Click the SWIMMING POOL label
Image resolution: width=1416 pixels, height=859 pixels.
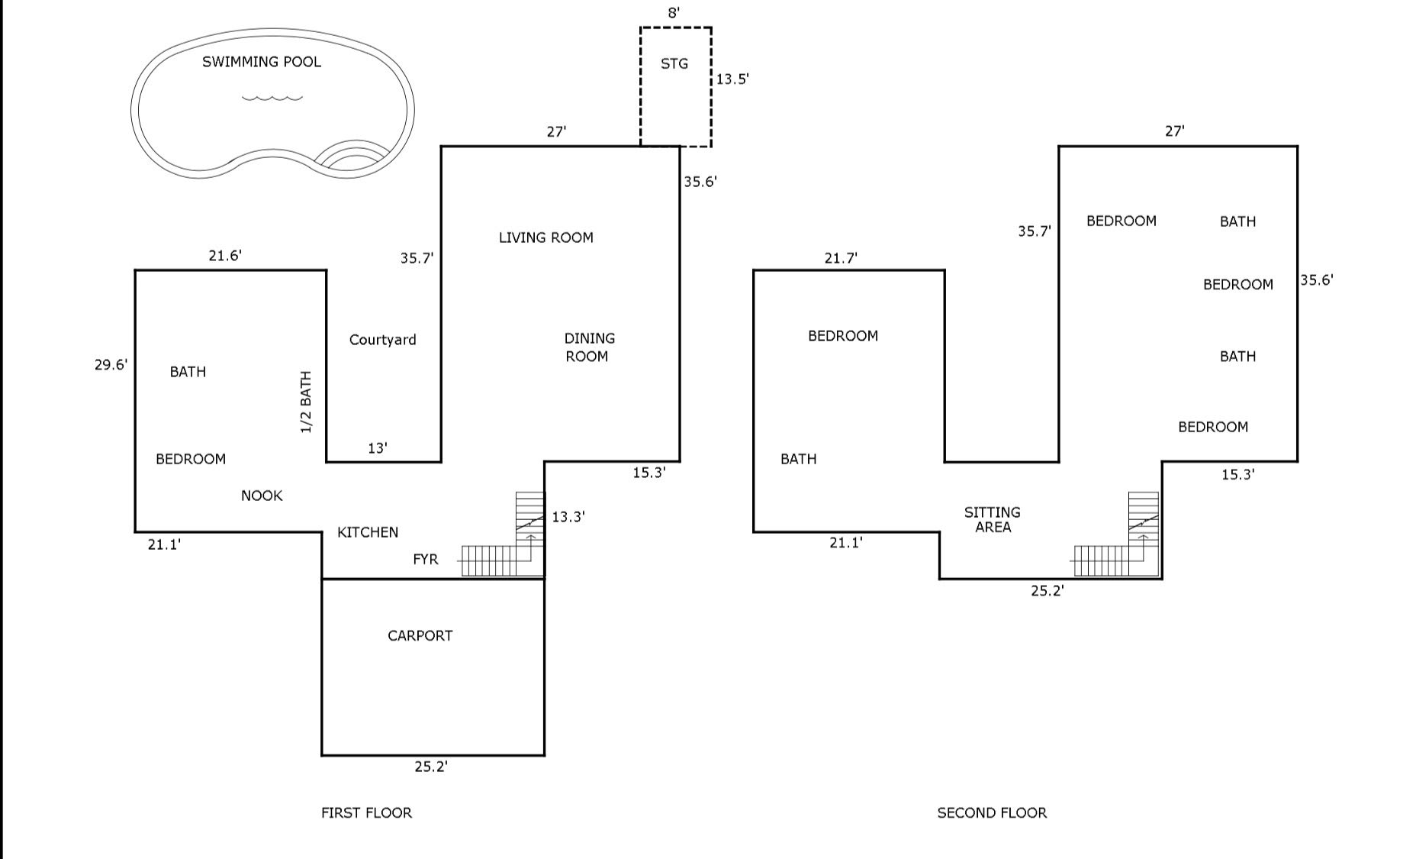tap(262, 62)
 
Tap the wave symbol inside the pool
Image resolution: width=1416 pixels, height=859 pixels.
tap(272, 97)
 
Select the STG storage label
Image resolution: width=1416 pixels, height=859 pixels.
tap(674, 63)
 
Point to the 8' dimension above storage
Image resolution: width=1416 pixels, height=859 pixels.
tap(674, 13)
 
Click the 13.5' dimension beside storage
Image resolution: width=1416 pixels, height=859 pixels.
tap(732, 79)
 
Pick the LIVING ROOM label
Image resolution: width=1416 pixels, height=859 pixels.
tap(546, 237)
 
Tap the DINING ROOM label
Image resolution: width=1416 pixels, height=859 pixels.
tap(589, 347)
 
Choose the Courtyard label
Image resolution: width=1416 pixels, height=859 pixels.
tap(383, 340)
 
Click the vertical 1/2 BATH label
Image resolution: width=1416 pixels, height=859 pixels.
tap(306, 402)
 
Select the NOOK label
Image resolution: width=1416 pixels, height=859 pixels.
tap(262, 496)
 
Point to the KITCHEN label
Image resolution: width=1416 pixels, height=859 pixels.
tap(368, 532)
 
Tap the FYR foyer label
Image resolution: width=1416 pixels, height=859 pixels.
tap(426, 560)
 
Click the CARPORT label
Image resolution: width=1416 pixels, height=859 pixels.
tap(420, 635)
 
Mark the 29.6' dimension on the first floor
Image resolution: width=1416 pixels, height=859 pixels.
tap(111, 365)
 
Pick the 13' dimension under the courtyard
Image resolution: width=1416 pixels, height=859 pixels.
tap(378, 448)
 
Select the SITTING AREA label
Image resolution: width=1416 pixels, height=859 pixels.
tap(993, 519)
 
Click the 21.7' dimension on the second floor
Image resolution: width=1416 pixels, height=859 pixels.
tap(841, 259)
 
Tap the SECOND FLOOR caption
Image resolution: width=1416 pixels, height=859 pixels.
tap(992, 813)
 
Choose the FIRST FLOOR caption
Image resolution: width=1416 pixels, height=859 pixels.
tap(366, 813)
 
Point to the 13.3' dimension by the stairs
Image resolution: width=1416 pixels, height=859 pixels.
tap(568, 517)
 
